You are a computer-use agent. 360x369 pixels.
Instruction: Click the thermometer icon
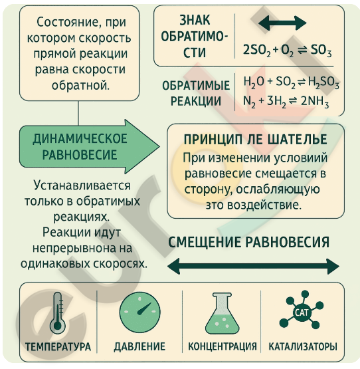tap(57, 312)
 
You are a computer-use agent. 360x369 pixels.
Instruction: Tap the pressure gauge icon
tap(139, 312)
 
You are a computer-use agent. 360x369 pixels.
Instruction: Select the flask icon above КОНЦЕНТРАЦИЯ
tap(222, 313)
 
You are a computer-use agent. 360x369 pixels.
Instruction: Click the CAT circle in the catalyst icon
tap(302, 312)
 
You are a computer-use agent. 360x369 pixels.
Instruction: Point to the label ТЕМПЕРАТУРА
tap(58, 347)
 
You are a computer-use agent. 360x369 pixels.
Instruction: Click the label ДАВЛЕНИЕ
tap(139, 347)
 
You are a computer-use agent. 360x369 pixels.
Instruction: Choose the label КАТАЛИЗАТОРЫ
tap(303, 346)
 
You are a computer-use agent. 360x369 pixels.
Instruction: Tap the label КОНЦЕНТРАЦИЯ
tap(223, 346)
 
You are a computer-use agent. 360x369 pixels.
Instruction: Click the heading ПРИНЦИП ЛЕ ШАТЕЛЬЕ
tap(255, 140)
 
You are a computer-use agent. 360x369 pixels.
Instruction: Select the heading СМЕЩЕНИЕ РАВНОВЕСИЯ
tap(249, 242)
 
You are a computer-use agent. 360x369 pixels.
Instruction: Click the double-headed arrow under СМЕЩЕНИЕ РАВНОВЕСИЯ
tap(253, 267)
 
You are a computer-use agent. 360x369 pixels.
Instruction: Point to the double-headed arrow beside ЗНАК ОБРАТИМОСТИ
tap(282, 23)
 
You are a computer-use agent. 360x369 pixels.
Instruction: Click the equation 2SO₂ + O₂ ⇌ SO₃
tap(287, 51)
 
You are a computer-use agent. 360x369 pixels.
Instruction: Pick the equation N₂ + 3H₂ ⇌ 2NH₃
tap(286, 102)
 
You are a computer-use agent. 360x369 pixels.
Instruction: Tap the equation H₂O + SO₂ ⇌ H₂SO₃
tap(292, 82)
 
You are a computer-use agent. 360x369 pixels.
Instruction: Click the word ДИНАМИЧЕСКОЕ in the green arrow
tap(80, 138)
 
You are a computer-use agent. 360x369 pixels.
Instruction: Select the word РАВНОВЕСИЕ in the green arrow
tap(80, 155)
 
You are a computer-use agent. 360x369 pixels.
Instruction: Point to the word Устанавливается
tap(82, 185)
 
